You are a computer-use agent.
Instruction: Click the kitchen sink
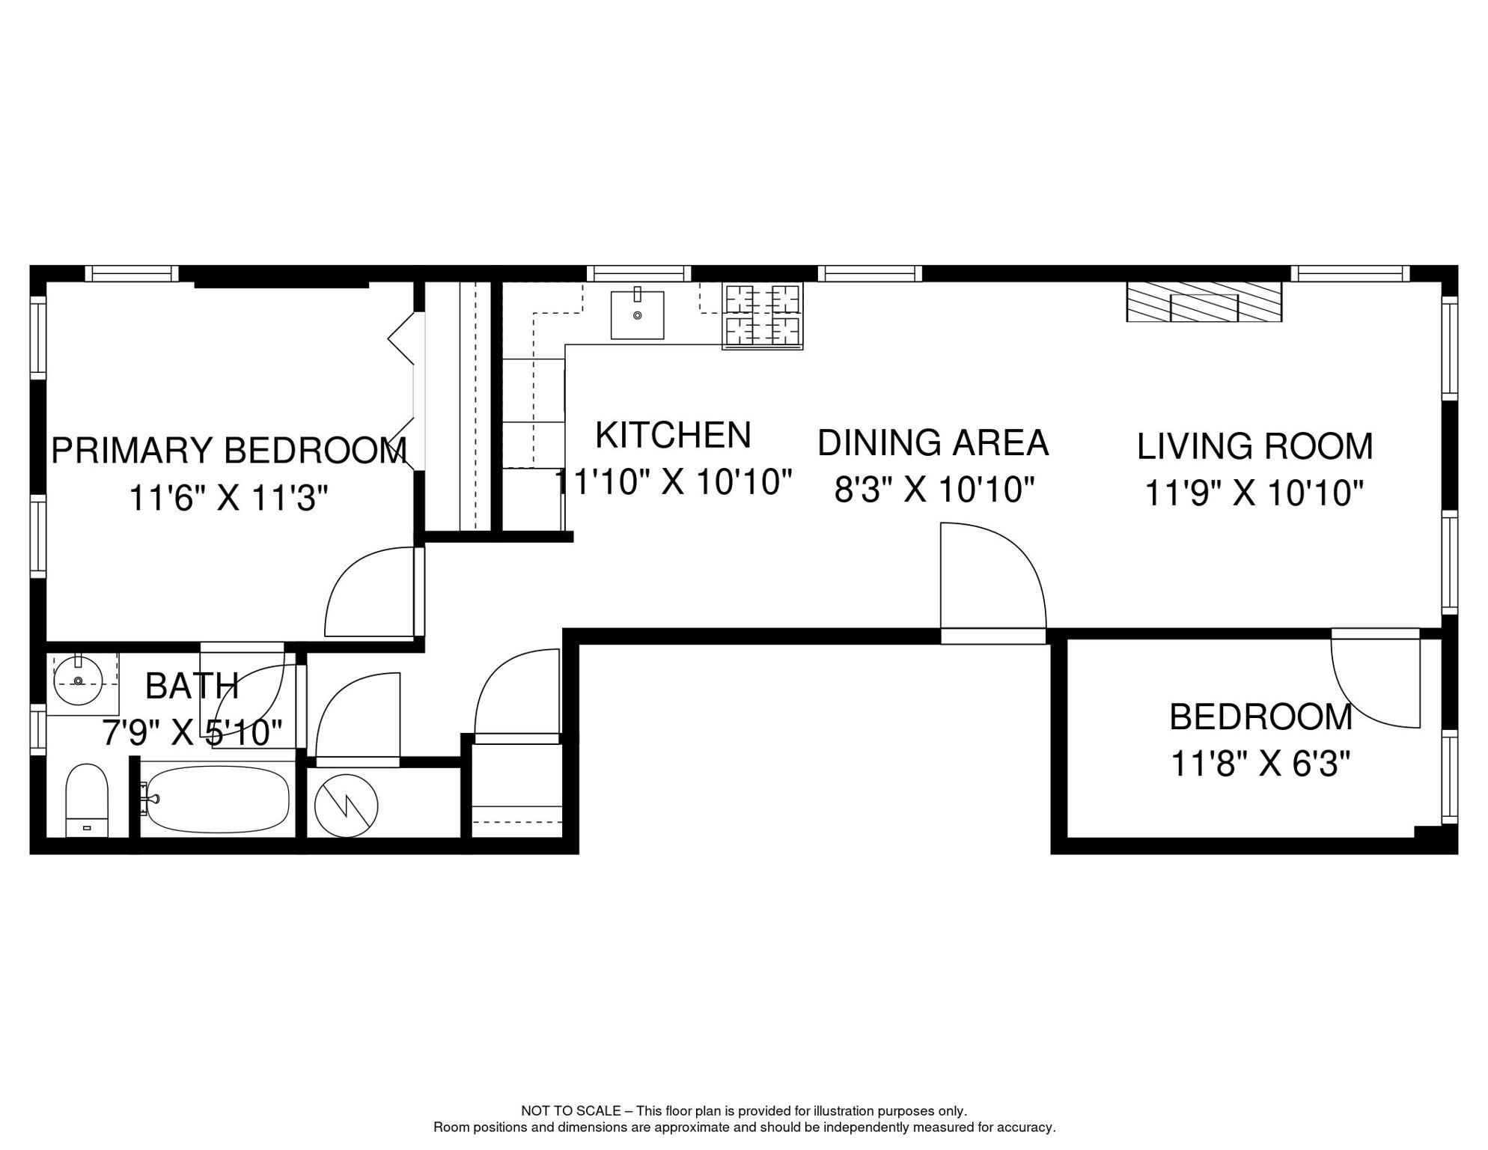pos(637,314)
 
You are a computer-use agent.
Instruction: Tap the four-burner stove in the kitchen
pos(762,316)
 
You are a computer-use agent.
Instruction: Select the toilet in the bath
pos(87,800)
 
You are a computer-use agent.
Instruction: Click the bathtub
pos(216,799)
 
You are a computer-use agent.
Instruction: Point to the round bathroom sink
pos(78,681)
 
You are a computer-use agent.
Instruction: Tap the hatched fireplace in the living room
pos(1204,302)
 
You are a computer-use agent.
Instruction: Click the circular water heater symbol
pos(346,806)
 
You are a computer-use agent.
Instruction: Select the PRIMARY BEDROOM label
pos(229,451)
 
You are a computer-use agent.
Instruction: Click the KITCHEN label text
pos(673,435)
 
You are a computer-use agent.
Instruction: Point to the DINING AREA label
pos(933,442)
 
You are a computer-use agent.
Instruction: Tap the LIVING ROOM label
pos(1255,446)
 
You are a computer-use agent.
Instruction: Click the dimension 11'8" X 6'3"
pos(1260,764)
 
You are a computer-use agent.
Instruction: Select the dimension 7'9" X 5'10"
pos(192,733)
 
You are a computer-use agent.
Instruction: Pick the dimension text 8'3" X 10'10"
pos(934,490)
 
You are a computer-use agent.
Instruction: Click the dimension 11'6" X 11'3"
pos(228,498)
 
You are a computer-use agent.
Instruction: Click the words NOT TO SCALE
pos(571,1111)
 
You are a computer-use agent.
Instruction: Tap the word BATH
pos(192,686)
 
